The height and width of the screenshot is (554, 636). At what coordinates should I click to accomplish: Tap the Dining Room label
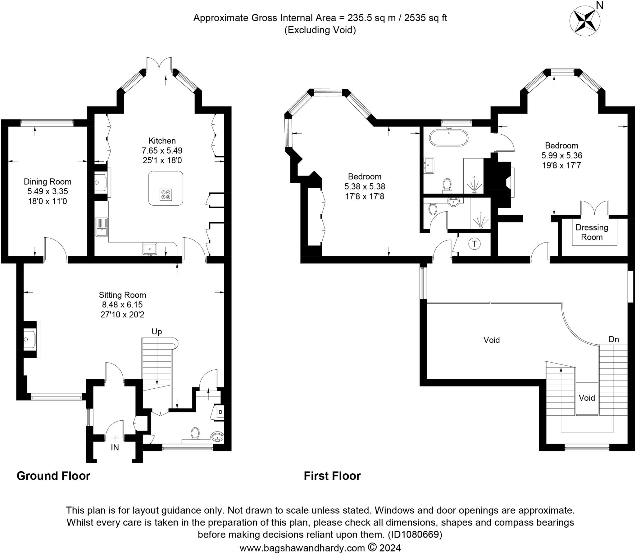(48, 181)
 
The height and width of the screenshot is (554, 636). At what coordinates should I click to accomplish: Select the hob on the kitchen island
(166, 194)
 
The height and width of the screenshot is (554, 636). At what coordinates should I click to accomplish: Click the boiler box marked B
(220, 412)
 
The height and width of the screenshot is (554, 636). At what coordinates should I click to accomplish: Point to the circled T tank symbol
(474, 243)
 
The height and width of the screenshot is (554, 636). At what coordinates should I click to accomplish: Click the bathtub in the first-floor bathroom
(448, 138)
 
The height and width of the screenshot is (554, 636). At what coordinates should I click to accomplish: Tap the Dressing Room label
(592, 232)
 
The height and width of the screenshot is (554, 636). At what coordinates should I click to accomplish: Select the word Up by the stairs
(157, 332)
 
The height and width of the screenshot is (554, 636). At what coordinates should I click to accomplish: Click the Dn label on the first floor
(614, 339)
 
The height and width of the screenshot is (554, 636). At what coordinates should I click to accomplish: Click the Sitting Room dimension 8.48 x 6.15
(122, 305)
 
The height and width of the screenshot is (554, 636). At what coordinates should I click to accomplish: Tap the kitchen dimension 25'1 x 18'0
(162, 160)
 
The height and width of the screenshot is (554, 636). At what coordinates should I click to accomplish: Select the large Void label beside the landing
(492, 340)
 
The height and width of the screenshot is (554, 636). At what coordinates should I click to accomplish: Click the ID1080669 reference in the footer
(415, 534)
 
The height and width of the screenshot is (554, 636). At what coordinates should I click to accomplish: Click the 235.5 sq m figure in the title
(371, 18)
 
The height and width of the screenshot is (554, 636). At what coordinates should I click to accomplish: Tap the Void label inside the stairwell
(587, 398)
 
